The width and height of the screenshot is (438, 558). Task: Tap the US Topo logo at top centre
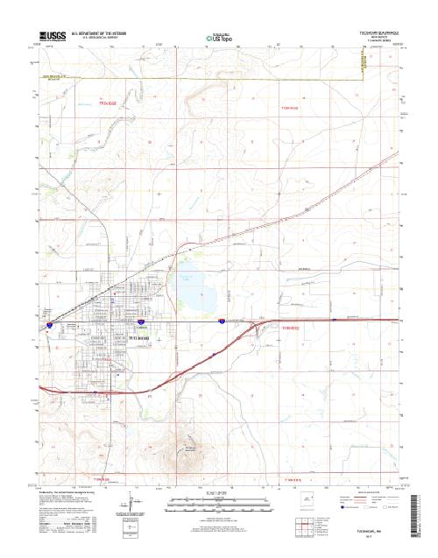coord(219,38)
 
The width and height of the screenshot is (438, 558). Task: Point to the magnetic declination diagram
coord(129,505)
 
